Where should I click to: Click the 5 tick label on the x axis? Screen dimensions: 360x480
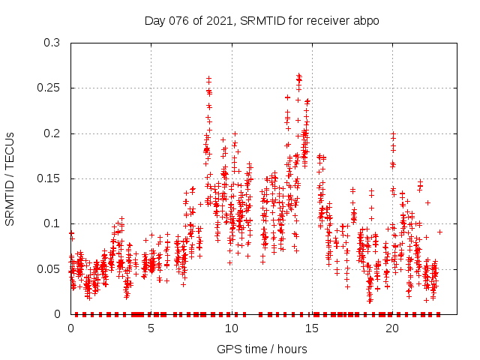pos(151,328)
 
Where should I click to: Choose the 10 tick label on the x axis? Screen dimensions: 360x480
pos(231,328)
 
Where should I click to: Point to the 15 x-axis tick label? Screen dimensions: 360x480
pos(311,328)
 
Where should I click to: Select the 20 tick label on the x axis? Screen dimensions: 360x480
pos(391,328)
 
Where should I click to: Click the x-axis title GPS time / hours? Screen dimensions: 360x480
pos(262,349)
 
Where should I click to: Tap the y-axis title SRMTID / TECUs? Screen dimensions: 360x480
pos(10,178)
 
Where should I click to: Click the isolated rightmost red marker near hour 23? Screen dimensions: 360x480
pos(439,232)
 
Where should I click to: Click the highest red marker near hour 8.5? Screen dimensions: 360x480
pos(208,78)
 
